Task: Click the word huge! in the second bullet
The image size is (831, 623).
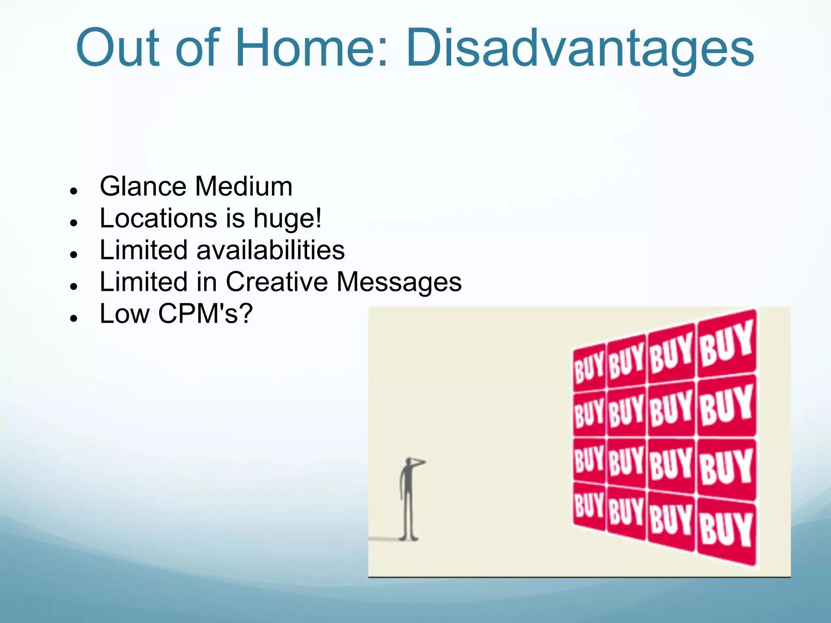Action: coord(287,219)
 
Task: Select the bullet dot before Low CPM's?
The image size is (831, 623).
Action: coord(73,318)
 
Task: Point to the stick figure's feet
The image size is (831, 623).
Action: coord(408,538)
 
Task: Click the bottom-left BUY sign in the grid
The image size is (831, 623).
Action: coord(589,505)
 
